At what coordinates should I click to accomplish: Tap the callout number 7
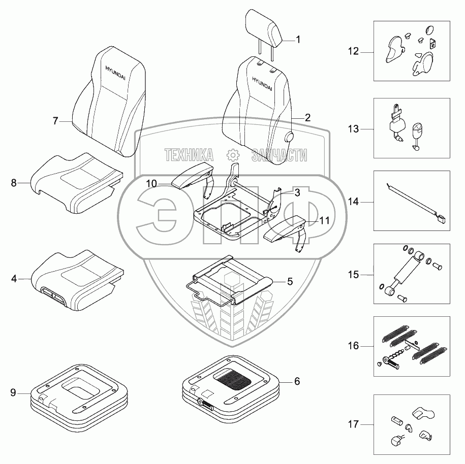click(x=56, y=121)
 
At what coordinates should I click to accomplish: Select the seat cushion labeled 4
click(x=76, y=277)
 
